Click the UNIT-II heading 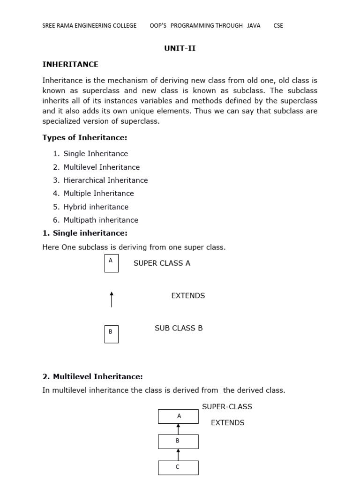(180, 48)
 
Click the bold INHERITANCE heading (70, 64)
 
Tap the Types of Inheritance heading (85, 137)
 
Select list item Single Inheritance (96, 153)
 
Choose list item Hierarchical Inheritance (105, 180)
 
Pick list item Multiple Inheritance (98, 193)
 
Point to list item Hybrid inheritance (96, 207)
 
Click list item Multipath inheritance (101, 220)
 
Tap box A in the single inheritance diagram (111, 263)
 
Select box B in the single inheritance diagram (111, 334)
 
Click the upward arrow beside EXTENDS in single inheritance (112, 299)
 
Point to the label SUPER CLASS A (162, 263)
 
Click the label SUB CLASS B (179, 328)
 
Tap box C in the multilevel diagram (178, 467)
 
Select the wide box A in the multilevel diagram (178, 416)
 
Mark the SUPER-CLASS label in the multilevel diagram (227, 406)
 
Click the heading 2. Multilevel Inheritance (92, 376)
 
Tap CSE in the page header (278, 25)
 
